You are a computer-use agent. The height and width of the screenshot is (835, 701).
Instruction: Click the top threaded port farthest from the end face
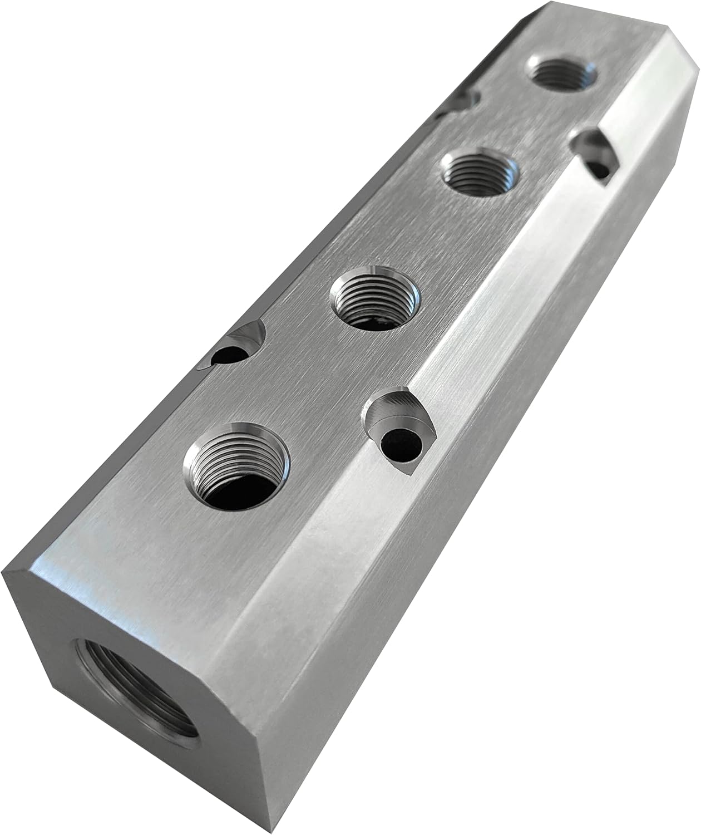562,72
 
